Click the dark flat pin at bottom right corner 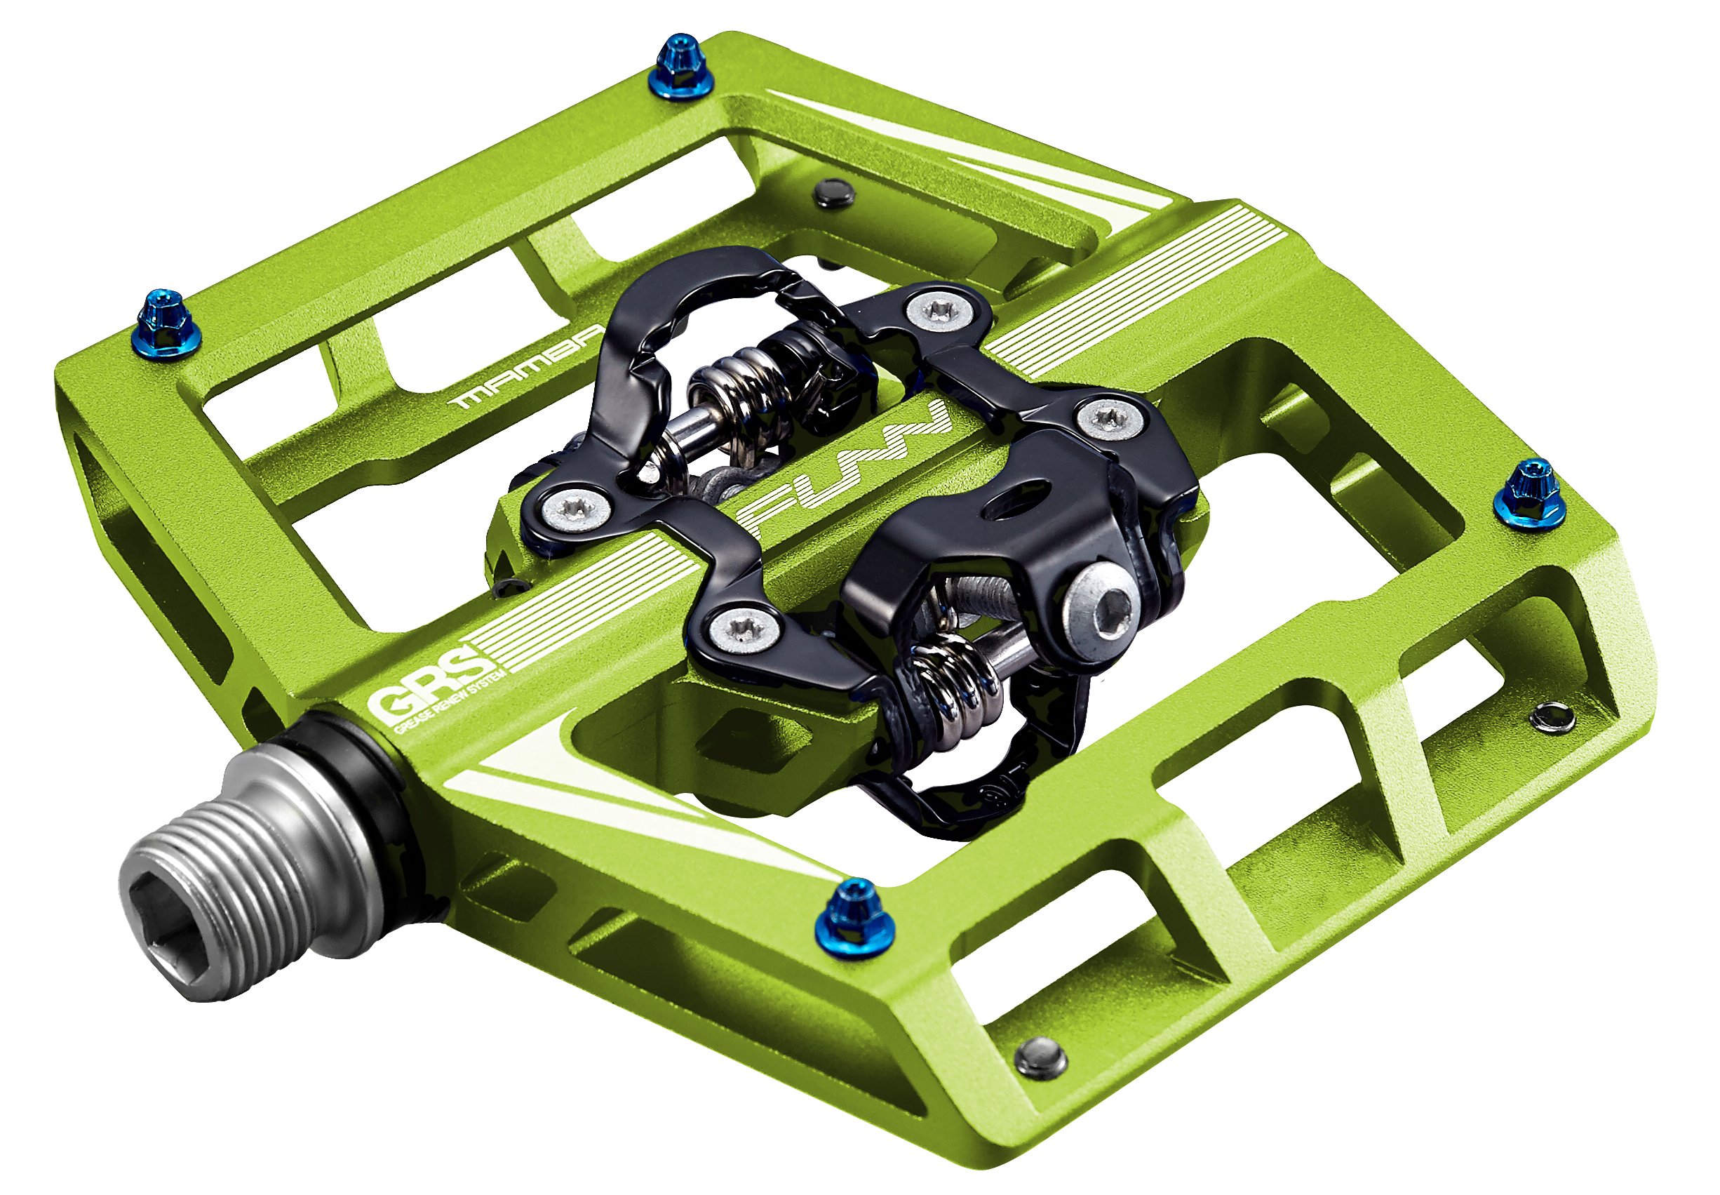(x=1041, y=1057)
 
